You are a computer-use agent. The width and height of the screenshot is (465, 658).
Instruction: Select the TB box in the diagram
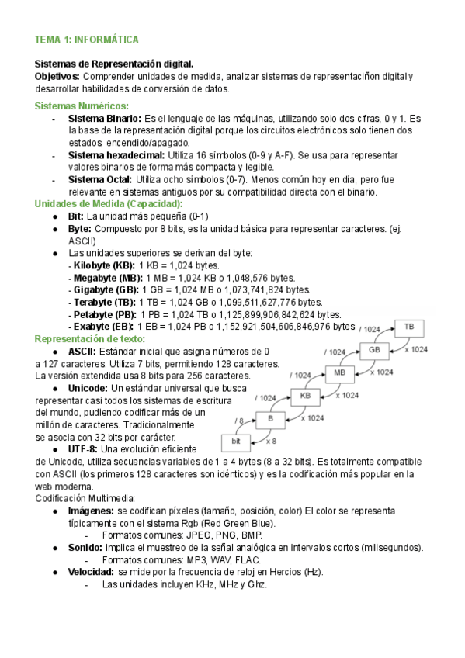(x=409, y=327)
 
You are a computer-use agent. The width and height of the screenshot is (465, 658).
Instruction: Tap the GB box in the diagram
(x=375, y=350)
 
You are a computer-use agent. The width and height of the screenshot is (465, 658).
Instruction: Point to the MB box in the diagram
(x=339, y=373)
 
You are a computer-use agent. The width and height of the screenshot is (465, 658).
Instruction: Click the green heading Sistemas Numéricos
(x=82, y=106)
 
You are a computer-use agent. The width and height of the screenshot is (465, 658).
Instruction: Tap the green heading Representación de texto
(x=89, y=339)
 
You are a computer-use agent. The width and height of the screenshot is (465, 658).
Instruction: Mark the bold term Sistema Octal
(x=100, y=179)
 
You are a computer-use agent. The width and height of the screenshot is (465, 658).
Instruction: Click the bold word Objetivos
(x=57, y=76)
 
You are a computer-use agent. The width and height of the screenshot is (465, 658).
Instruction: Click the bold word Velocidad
(x=91, y=572)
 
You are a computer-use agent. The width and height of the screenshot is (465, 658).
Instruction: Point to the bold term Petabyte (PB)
(x=102, y=314)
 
